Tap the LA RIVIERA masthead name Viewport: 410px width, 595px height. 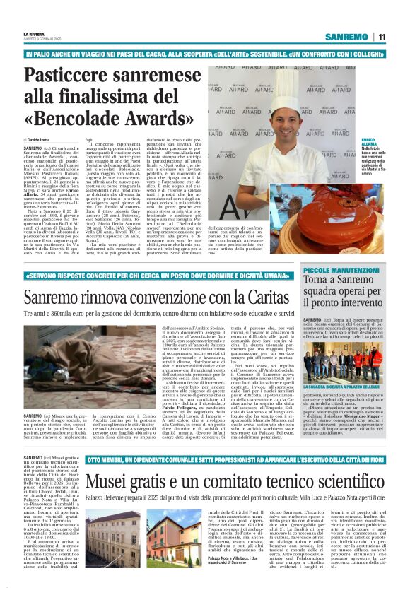[x=33, y=34]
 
